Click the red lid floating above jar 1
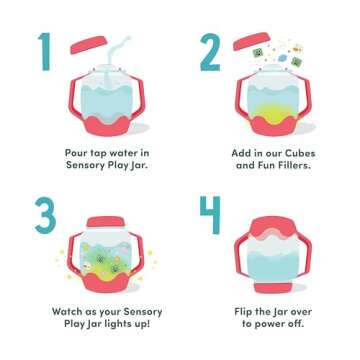tap(91, 44)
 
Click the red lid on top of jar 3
tap(105, 220)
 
